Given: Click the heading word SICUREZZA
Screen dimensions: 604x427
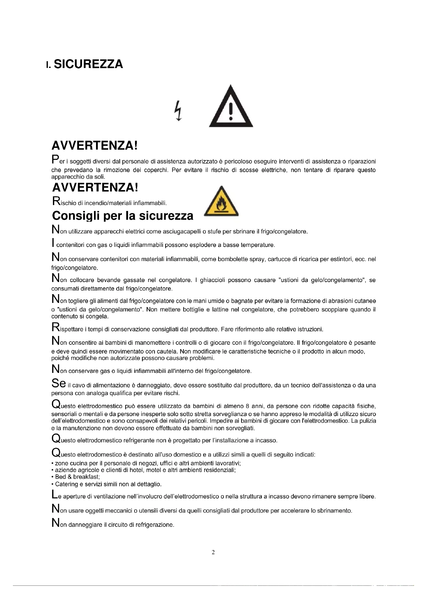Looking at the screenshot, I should coord(88,64).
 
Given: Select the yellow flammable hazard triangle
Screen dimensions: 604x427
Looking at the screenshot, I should coord(222,201).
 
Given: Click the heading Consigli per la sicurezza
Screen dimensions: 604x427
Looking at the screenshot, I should coord(123,216).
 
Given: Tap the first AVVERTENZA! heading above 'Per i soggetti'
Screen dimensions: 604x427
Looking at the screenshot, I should coord(95,145).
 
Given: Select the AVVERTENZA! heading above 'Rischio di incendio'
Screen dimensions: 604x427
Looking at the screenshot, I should coord(95,187).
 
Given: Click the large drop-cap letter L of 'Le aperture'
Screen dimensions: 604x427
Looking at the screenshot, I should coord(54,496).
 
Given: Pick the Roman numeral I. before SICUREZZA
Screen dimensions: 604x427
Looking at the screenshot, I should coord(48,65).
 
